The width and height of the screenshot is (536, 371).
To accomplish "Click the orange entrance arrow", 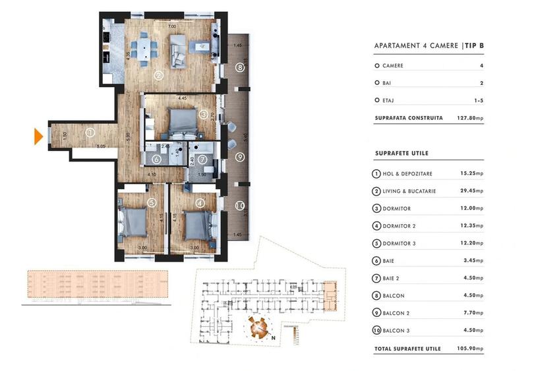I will coord(38,136).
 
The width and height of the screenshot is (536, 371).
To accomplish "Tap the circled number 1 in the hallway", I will coord(90,132).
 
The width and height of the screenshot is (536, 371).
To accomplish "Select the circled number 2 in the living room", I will coord(159,75).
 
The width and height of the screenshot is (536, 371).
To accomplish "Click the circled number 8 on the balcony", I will coord(240,67).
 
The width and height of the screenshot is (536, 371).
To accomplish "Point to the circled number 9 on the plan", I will coord(240,157).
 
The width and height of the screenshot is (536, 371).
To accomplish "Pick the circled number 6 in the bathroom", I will coord(156,159).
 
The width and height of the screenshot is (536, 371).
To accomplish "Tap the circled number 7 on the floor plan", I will coord(202,159).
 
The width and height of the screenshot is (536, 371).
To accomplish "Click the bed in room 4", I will coord(196,224).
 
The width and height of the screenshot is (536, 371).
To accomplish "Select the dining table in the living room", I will coord(142,48).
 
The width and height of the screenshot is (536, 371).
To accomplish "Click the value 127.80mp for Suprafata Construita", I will coord(470,119).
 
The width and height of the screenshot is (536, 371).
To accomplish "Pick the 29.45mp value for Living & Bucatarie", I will coord(471,191).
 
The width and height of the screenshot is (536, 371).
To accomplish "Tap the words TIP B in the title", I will coord(473,45).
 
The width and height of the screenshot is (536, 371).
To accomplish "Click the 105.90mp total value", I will coord(470,348).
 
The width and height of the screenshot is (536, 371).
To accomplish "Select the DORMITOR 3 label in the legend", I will coord(400,244).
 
